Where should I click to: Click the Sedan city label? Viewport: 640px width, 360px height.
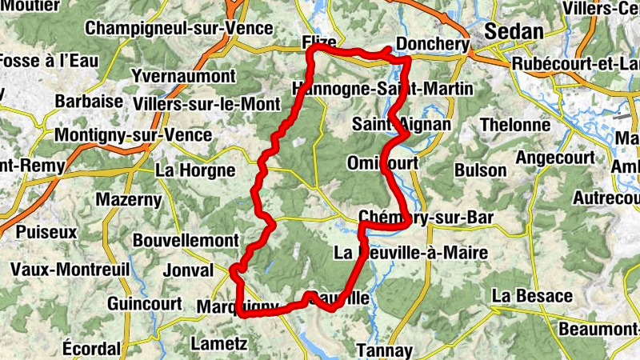pyautogui.click(x=514, y=31)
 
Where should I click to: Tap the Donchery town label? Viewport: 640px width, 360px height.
pyautogui.click(x=432, y=45)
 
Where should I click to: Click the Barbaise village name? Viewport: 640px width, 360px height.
pyautogui.click(x=89, y=102)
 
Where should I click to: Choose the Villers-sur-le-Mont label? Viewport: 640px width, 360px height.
pyautogui.click(x=207, y=103)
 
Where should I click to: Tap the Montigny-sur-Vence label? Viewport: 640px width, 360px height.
pyautogui.click(x=133, y=134)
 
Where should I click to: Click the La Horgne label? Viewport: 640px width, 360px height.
pyautogui.click(x=195, y=170)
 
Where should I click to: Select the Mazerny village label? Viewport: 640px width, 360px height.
pyautogui.click(x=129, y=199)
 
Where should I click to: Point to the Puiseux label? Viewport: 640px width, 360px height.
pyautogui.click(x=46, y=232)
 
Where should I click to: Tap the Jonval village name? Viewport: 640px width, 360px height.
pyautogui.click(x=188, y=271)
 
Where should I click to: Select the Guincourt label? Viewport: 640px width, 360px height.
pyautogui.click(x=141, y=304)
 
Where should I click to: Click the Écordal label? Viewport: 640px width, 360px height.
pyautogui.click(x=91, y=349)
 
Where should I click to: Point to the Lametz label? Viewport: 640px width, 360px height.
pyautogui.click(x=219, y=345)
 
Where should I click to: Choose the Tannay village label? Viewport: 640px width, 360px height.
pyautogui.click(x=385, y=350)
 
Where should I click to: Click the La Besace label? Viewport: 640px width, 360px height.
pyautogui.click(x=532, y=296)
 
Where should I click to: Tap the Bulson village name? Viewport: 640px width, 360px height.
pyautogui.click(x=480, y=170)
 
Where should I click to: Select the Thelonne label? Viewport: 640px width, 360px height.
pyautogui.click(x=515, y=125)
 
